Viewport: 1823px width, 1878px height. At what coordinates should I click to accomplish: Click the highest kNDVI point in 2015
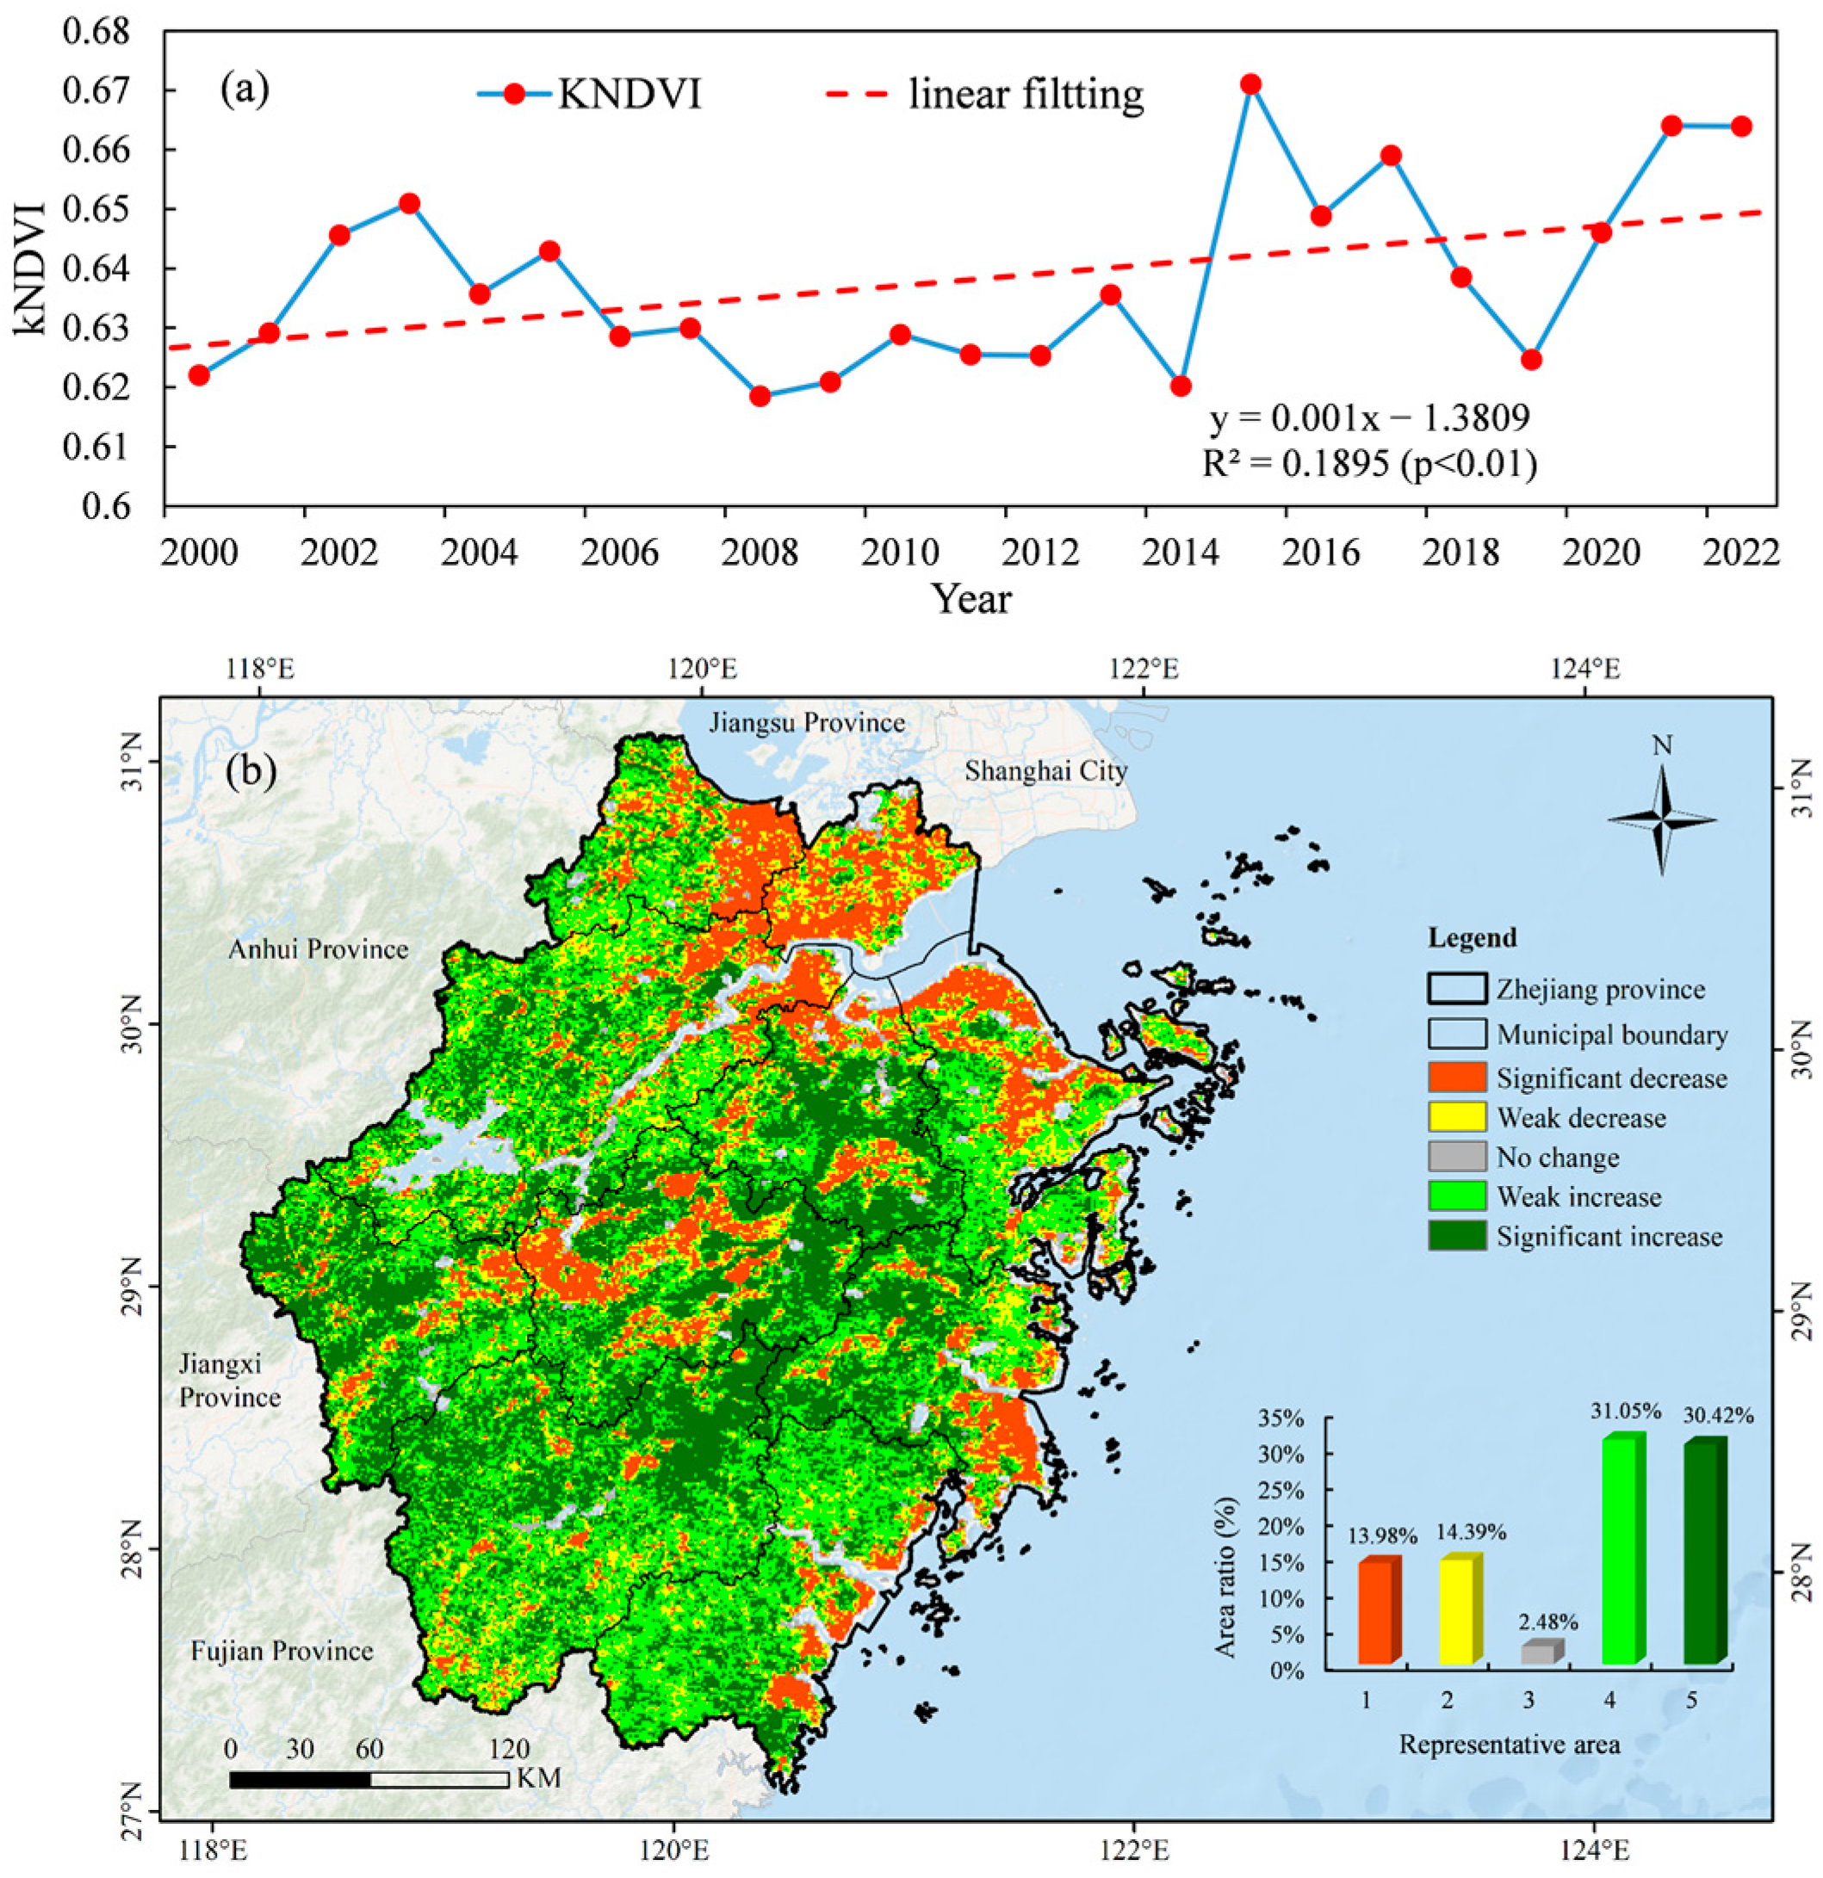[x=1251, y=84]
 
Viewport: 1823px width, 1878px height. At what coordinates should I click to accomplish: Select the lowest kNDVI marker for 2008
[x=760, y=396]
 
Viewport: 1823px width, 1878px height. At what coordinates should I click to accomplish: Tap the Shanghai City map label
[x=1045, y=770]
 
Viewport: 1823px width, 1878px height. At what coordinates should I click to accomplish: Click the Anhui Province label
[x=319, y=949]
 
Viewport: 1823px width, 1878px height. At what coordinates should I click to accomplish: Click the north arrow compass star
[x=1662, y=820]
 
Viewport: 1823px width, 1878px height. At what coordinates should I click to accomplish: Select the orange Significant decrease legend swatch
[x=1457, y=1078]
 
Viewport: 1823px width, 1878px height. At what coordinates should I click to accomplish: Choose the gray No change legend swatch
[x=1457, y=1157]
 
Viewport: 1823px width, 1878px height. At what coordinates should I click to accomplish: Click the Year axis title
[x=972, y=599]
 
